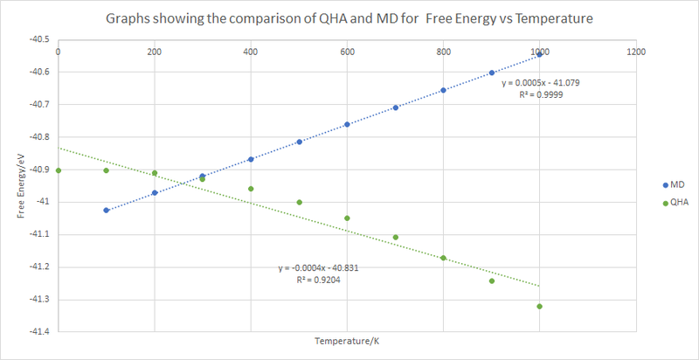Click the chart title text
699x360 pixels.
point(349,18)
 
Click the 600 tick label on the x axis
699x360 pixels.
point(347,52)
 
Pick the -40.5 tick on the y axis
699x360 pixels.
point(38,40)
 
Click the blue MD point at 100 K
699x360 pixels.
point(107,211)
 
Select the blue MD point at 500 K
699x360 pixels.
point(299,142)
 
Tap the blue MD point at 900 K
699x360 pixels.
point(491,73)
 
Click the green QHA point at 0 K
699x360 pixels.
point(59,170)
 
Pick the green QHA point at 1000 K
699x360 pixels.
point(539,306)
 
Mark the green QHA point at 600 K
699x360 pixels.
point(347,218)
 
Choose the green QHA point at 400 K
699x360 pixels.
point(251,189)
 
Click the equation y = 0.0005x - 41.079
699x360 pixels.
point(539,83)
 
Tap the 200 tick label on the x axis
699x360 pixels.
point(155,52)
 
